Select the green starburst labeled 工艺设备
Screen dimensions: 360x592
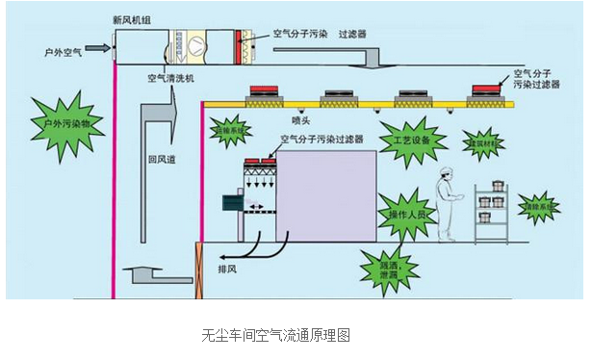click(405, 141)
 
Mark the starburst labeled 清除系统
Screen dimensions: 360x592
click(540, 206)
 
